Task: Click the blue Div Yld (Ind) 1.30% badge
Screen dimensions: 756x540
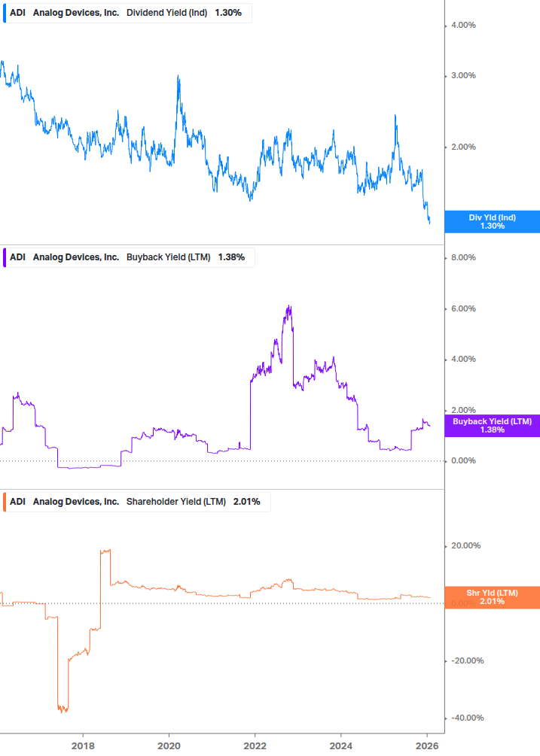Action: (x=492, y=222)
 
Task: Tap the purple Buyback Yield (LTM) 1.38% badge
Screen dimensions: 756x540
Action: (x=492, y=426)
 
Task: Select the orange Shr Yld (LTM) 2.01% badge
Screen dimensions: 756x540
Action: (x=492, y=597)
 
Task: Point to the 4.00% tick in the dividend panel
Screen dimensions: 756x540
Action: (x=462, y=26)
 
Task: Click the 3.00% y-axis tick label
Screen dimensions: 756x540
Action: (x=462, y=76)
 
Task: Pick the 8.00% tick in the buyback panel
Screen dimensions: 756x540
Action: (x=462, y=258)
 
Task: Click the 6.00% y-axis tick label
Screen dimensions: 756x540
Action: (x=462, y=308)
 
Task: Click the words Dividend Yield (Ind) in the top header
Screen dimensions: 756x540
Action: (x=167, y=13)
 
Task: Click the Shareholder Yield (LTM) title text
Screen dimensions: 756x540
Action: (x=175, y=502)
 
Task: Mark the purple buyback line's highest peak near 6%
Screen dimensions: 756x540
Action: (x=289, y=306)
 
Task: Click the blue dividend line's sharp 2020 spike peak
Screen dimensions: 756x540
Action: (x=178, y=76)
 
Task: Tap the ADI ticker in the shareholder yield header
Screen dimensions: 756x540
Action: (x=18, y=502)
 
